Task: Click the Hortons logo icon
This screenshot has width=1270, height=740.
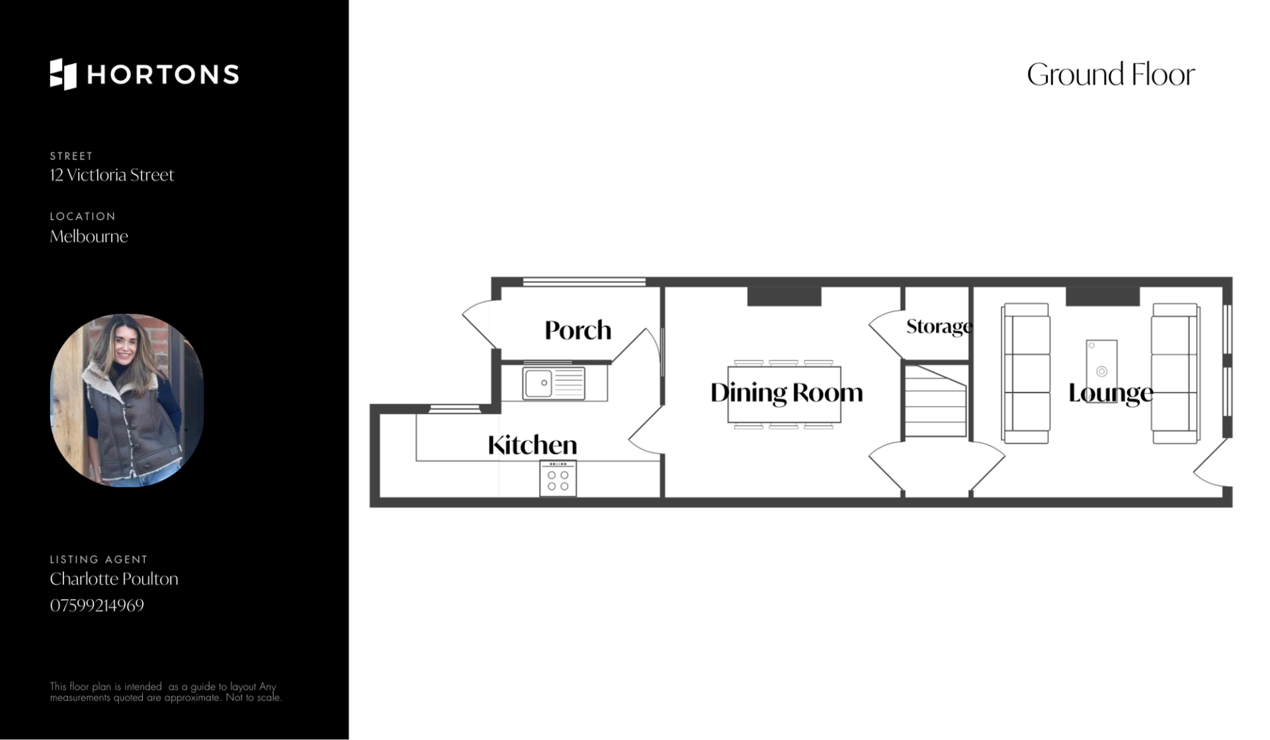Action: click(63, 74)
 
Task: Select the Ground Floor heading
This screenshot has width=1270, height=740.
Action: click(1111, 74)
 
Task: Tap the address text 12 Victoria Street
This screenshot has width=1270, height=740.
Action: click(112, 175)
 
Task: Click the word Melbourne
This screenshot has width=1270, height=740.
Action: click(89, 236)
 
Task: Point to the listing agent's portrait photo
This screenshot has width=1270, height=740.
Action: click(127, 400)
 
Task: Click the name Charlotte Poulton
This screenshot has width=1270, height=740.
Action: click(114, 579)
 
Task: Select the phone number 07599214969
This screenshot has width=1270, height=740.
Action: click(97, 605)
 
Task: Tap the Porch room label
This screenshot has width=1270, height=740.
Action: click(577, 330)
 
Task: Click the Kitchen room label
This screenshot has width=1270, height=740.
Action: click(532, 445)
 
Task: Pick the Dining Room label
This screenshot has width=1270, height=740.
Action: click(786, 393)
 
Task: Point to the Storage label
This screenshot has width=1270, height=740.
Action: click(939, 326)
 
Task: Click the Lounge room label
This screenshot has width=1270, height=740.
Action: click(1111, 393)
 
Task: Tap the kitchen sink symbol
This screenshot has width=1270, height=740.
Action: click(554, 383)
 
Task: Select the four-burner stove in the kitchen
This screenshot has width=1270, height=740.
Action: click(558, 479)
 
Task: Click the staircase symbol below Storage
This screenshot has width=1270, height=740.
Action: click(935, 401)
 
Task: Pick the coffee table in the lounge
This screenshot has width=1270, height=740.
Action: click(1101, 362)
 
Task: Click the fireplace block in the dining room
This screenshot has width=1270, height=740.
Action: click(784, 296)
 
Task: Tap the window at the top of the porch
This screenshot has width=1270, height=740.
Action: click(584, 282)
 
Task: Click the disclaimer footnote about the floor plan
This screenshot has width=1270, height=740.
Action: click(165, 692)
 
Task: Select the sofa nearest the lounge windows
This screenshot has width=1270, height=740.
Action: click(1175, 374)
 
